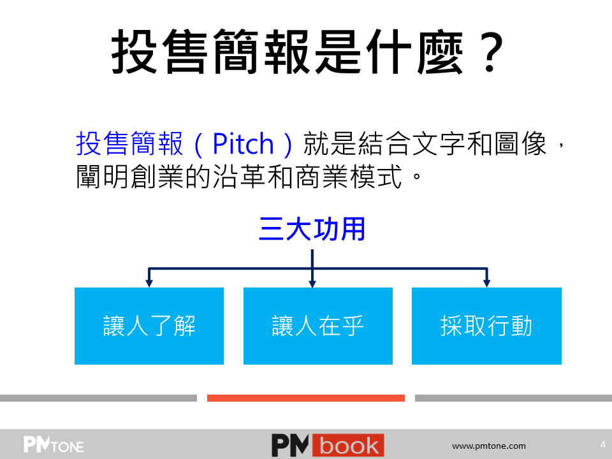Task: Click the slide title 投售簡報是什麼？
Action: click(307, 52)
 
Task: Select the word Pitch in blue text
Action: click(243, 144)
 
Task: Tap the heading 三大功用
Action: click(312, 229)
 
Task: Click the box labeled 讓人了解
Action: click(149, 326)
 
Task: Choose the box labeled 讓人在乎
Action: click(318, 326)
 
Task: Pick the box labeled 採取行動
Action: click(486, 326)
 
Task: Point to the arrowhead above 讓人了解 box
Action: click(149, 283)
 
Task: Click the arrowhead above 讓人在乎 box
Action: click(312, 283)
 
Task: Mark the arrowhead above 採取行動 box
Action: click(486, 283)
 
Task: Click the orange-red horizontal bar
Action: click(306, 398)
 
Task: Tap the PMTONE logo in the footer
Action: click(54, 444)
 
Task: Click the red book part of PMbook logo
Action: click(348, 446)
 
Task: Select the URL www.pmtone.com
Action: click(489, 446)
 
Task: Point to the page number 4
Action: click(603, 444)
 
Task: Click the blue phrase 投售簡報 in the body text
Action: click(129, 143)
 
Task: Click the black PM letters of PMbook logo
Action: click(291, 446)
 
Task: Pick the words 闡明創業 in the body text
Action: click(129, 177)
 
